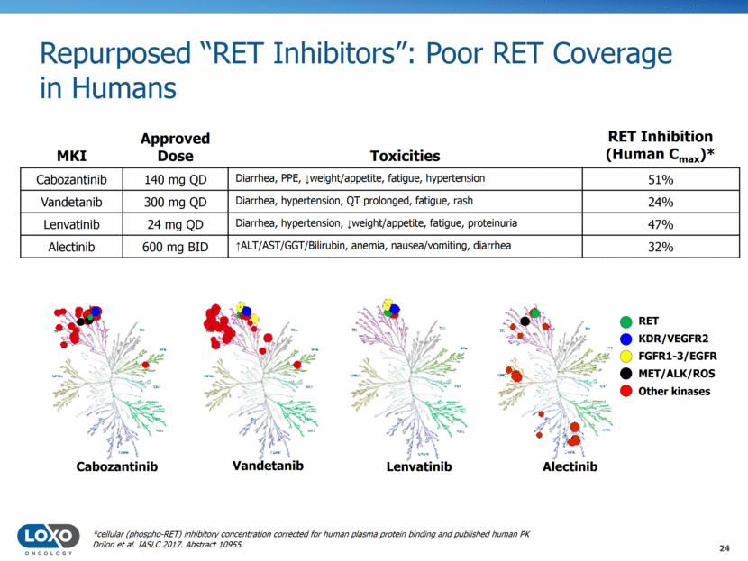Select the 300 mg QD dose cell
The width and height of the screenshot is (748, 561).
(176, 202)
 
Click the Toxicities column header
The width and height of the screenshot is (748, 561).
(406, 156)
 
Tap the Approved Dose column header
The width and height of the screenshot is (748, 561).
(176, 147)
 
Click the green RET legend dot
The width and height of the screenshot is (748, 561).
(626, 321)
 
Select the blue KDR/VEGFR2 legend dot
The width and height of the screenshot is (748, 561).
(626, 338)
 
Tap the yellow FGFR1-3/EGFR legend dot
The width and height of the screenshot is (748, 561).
(626, 356)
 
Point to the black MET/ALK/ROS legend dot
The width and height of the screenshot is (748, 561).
(626, 373)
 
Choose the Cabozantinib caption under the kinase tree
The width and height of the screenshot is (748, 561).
(117, 466)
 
